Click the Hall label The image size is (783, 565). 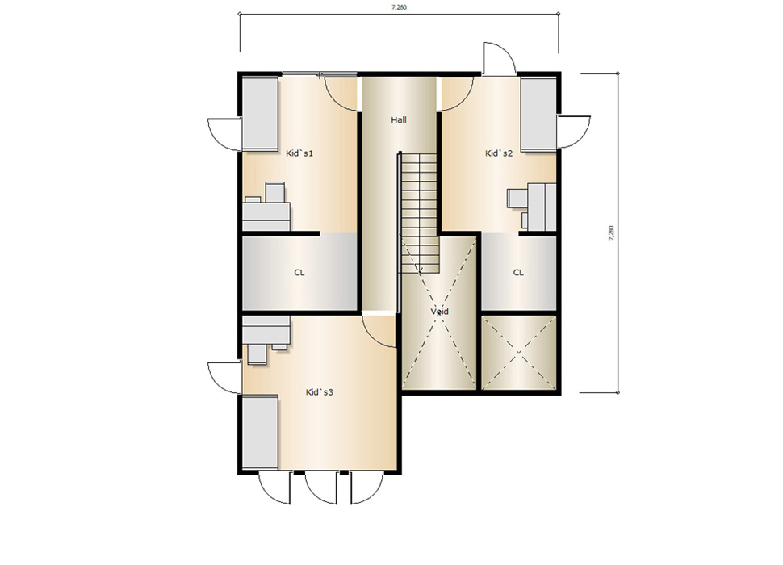tap(399, 119)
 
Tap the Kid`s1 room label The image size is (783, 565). tap(299, 153)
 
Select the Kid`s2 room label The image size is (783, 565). tap(499, 153)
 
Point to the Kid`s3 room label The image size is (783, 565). tap(319, 392)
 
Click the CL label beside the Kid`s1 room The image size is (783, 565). tap(299, 273)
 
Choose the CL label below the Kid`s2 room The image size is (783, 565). tap(518, 273)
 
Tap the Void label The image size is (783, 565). tap(439, 312)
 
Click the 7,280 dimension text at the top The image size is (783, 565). tap(399, 7)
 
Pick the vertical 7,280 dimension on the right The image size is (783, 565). tap(611, 233)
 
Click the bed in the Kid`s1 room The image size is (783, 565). tap(260, 113)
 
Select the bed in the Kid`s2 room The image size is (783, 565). tap(538, 113)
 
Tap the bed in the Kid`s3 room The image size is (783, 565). tap(260, 433)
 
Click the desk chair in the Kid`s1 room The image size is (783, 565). tap(274, 192)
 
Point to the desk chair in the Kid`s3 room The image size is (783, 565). tap(258, 354)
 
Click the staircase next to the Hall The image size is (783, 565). tap(420, 213)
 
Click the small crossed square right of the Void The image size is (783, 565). tap(519, 353)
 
